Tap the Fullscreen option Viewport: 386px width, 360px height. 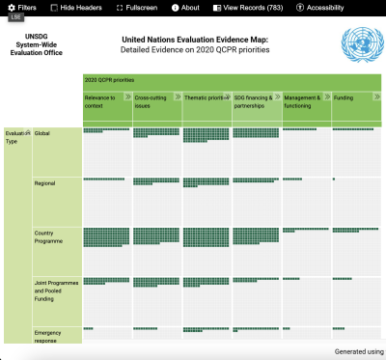[136, 7]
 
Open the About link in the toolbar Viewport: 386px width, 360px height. [185, 7]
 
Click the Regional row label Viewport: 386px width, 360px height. [45, 182]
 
